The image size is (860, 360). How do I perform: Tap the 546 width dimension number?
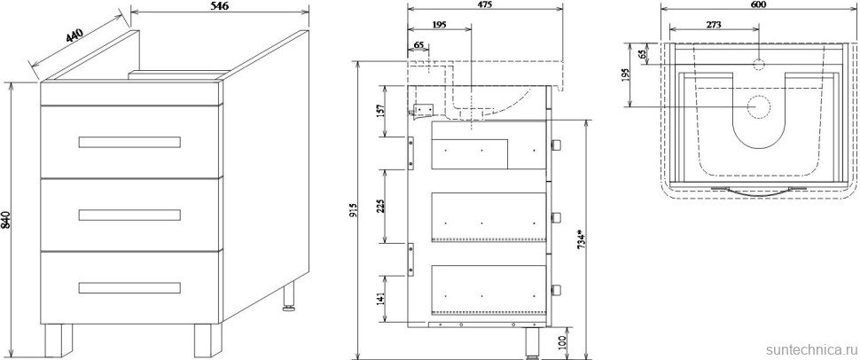(x=219, y=5)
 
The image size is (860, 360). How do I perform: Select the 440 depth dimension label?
(x=74, y=35)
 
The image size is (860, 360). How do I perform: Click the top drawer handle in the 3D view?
(x=129, y=142)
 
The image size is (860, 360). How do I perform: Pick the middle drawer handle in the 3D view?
(x=129, y=215)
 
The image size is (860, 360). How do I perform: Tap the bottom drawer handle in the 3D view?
(x=129, y=287)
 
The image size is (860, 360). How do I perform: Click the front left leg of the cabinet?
(x=59, y=340)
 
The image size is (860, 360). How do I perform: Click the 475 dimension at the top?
(x=485, y=5)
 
